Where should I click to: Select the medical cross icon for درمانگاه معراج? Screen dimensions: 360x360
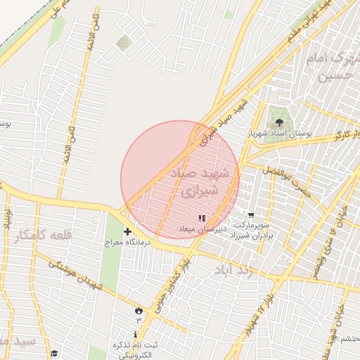tap(127, 231)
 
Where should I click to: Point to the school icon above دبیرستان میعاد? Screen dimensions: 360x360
tap(202, 219)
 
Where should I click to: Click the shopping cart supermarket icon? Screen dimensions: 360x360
tap(251, 215)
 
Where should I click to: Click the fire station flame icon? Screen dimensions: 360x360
tap(139, 310)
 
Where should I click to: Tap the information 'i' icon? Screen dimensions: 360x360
tap(136, 333)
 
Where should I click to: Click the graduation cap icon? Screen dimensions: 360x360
tap(54, 353)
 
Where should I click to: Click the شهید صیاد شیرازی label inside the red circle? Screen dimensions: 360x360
tap(201, 181)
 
